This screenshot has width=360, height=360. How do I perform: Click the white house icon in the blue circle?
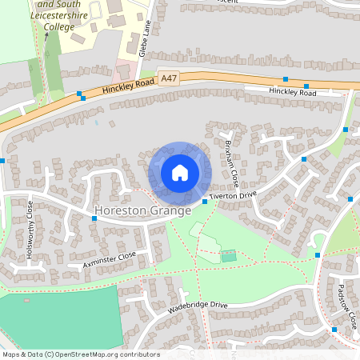tap(180, 173)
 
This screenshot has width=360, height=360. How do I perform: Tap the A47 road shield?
tap(169, 78)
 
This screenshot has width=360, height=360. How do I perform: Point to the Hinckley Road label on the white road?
tap(293, 93)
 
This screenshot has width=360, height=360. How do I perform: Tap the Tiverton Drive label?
tap(233, 195)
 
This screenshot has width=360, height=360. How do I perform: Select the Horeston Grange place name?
tap(142, 211)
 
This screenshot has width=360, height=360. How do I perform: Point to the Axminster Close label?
tap(110, 260)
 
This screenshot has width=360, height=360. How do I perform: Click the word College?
tap(58, 26)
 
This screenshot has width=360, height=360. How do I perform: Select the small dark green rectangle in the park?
tap(229, 256)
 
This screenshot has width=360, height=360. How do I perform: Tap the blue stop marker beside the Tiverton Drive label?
tap(205, 202)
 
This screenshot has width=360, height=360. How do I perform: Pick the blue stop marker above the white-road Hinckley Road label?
tap(286, 79)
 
